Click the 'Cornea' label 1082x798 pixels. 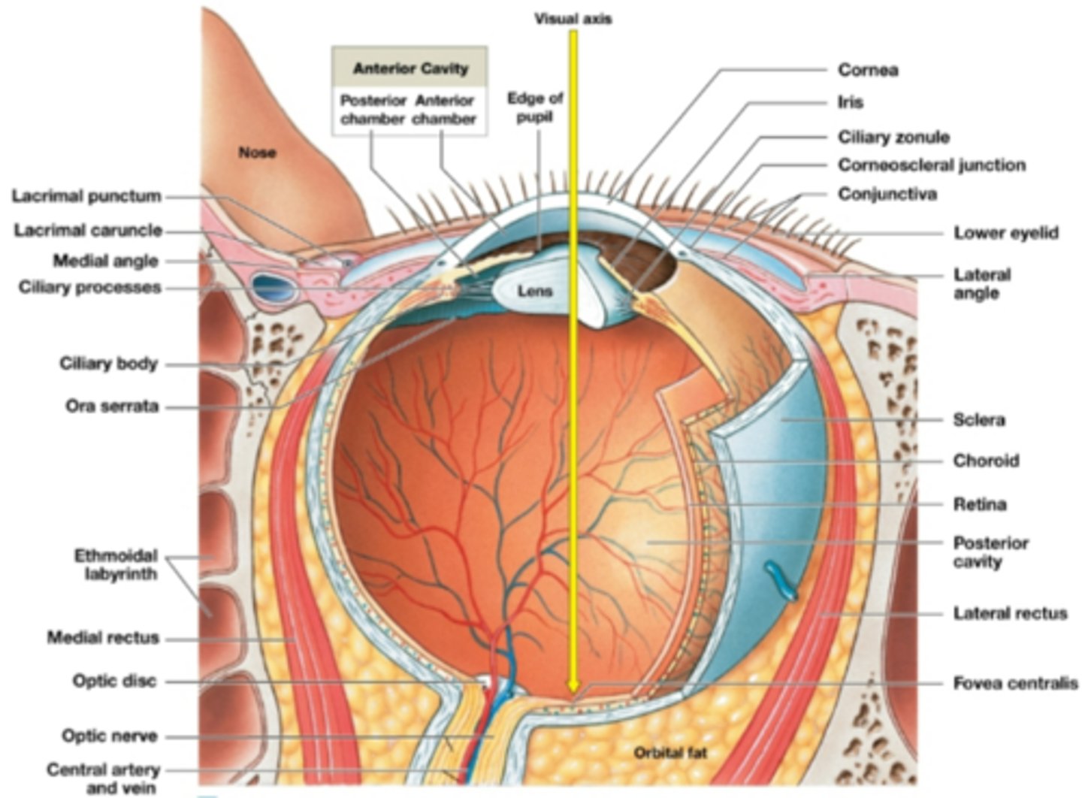click(868, 70)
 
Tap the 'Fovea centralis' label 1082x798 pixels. click(1015, 684)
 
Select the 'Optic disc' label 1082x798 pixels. click(114, 681)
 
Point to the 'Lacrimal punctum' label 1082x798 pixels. click(86, 196)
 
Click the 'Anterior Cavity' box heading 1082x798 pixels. click(410, 68)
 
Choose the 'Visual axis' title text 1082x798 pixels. click(573, 19)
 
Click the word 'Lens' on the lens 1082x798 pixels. click(535, 292)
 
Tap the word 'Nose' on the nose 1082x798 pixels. click(258, 153)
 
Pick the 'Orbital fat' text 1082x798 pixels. click(670, 753)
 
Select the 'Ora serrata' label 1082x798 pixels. click(112, 407)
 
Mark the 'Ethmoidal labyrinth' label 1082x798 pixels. click(116, 565)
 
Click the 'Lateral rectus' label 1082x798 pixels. click(1010, 613)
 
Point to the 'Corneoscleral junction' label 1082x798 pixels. click(932, 165)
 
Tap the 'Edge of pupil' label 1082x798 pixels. click(535, 107)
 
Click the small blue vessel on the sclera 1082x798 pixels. click(780, 581)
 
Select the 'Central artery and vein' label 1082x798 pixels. click(103, 778)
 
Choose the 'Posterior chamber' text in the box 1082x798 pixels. click(373, 110)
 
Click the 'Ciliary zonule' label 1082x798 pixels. click(893, 138)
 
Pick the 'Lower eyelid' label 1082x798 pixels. click(1006, 233)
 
